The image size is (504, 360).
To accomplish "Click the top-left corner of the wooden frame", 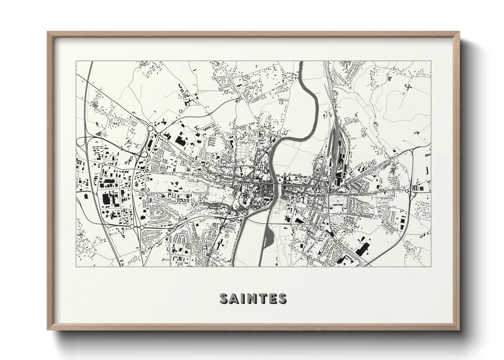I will [x=48, y=32].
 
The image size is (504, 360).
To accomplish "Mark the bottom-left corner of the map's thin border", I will [x=76, y=266].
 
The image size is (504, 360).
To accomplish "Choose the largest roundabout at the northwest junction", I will [x=151, y=129].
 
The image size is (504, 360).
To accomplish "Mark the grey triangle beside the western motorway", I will [x=98, y=134].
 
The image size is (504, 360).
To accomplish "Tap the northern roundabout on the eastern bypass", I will [x=411, y=150].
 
